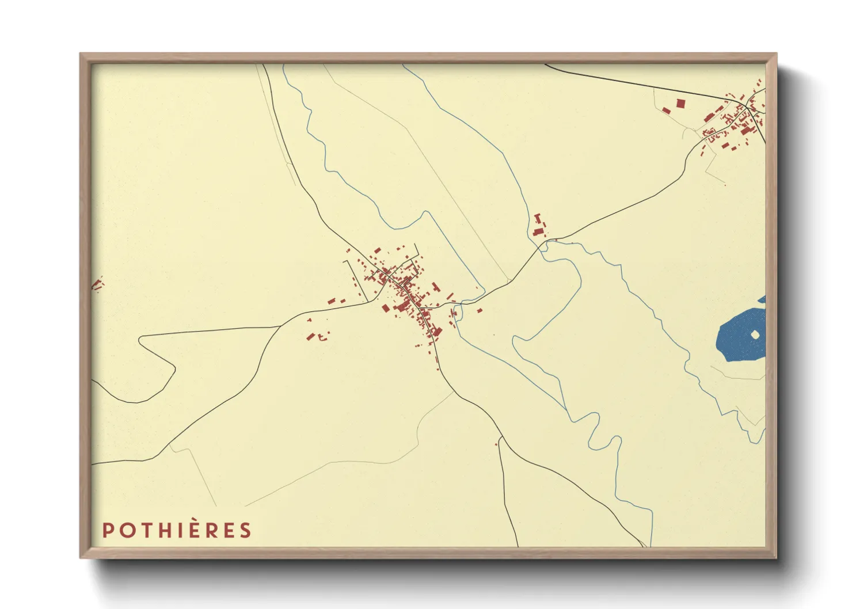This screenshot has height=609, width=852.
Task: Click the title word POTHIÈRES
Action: tap(177, 530)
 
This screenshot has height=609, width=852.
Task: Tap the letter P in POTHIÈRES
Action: tap(107, 530)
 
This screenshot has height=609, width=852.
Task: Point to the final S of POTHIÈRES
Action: tap(246, 530)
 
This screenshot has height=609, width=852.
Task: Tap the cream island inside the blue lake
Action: tap(755, 334)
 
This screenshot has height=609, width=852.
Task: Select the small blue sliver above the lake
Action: tap(762, 299)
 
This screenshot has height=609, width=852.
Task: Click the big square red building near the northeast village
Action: tap(680, 104)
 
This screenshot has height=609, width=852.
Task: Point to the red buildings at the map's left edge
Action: tap(97, 284)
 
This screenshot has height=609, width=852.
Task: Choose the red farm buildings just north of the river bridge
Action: tap(539, 226)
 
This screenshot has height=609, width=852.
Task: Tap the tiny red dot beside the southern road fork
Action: tap(496, 444)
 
